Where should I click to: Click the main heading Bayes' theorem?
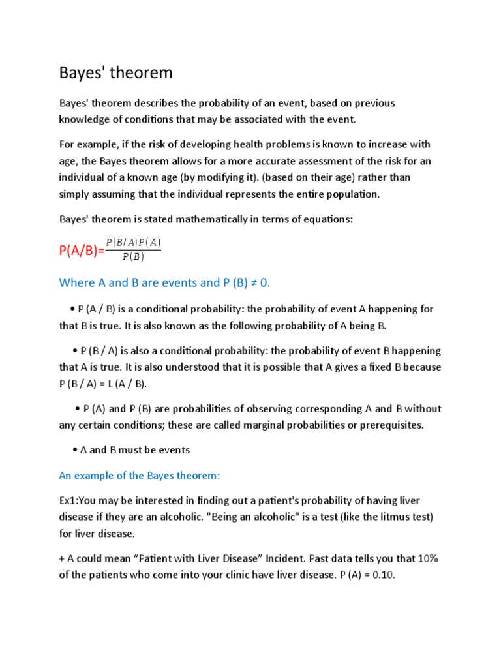click(x=115, y=73)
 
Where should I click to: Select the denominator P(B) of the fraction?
click(x=133, y=256)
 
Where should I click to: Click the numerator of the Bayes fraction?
click(x=133, y=243)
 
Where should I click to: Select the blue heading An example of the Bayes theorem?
click(x=140, y=476)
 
